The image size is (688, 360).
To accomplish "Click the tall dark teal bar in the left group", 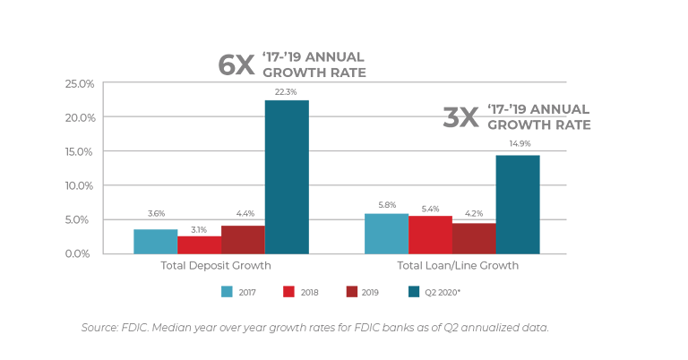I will click(x=287, y=175).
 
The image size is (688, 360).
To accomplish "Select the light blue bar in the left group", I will click(x=154, y=240).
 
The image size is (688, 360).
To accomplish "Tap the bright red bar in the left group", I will click(x=199, y=244).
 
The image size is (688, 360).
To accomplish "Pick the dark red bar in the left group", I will click(x=241, y=238).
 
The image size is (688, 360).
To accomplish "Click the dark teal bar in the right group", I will click(x=518, y=203).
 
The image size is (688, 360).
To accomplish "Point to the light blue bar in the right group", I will click(x=386, y=232).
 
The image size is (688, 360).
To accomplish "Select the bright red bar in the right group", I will click(x=431, y=234).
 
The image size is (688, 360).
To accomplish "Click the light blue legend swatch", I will click(x=227, y=291).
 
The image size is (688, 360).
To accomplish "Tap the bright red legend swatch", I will click(x=288, y=291).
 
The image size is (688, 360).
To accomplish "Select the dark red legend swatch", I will click(x=351, y=291).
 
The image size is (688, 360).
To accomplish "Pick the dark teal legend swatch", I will click(x=414, y=291).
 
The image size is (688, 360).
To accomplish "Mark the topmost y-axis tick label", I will click(x=79, y=83).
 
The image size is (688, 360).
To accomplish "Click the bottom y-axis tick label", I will click(x=79, y=253).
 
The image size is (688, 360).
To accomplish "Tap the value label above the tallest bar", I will click(x=286, y=90).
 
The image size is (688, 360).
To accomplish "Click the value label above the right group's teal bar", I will click(x=518, y=146).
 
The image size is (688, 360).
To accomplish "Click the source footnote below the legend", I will click(x=314, y=327).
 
